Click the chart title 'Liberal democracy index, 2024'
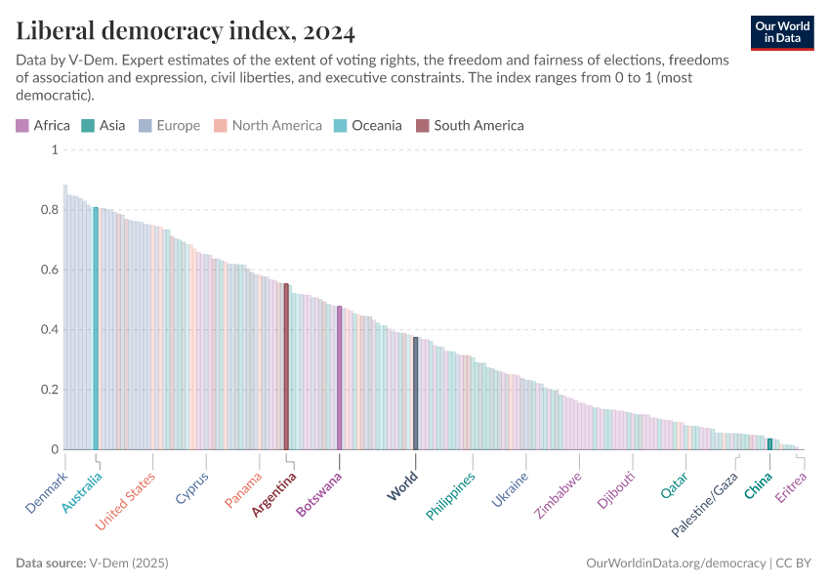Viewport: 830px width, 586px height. click(x=186, y=31)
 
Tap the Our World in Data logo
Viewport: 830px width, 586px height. click(x=782, y=32)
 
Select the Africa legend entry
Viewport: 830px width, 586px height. click(x=43, y=125)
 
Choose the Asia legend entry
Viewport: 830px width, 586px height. click(x=104, y=125)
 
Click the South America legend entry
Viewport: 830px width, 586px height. click(x=470, y=125)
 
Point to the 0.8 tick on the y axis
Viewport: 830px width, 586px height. click(x=49, y=210)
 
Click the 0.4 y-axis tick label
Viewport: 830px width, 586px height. click(x=49, y=330)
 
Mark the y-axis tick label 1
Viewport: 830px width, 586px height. click(x=55, y=150)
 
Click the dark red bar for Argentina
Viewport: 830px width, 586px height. click(x=286, y=366)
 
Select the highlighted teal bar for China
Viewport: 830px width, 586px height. click(x=769, y=444)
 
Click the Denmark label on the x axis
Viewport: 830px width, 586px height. click(x=47, y=494)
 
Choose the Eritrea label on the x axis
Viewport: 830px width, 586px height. click(x=791, y=488)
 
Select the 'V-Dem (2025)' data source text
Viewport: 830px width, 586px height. click(x=129, y=564)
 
